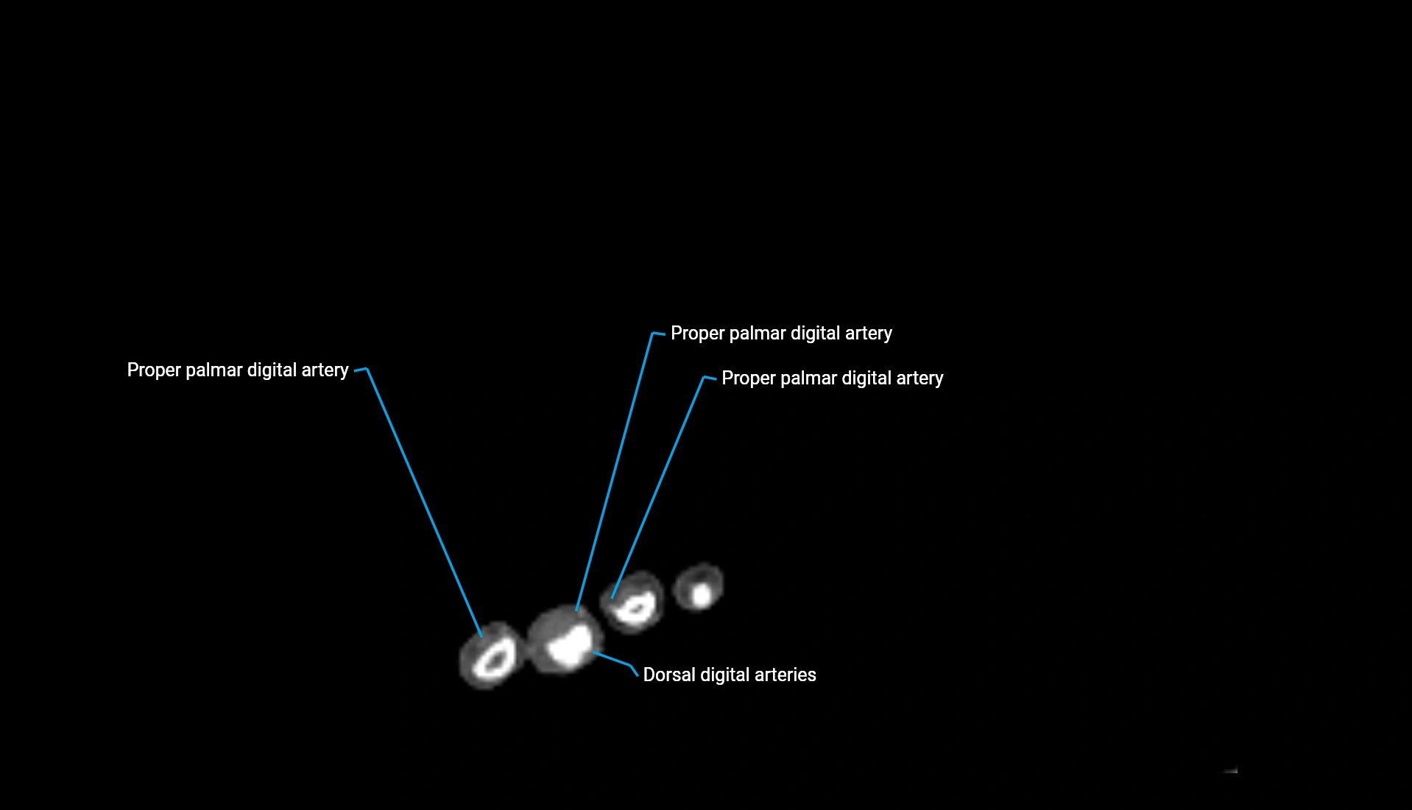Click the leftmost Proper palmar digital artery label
coord(237,370)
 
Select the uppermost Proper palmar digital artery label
coord(780,334)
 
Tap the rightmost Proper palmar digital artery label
coord(832,378)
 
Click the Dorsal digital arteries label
coord(729,675)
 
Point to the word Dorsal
coord(668,675)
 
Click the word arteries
coord(787,675)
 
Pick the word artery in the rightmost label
coord(920,378)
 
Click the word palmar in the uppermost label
coord(758,334)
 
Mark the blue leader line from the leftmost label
coord(423,501)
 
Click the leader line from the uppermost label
coord(615,471)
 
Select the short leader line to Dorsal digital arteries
coord(613,659)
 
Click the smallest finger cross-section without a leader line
coord(700,588)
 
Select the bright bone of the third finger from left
coord(635,610)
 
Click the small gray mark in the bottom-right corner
coord(1230,770)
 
